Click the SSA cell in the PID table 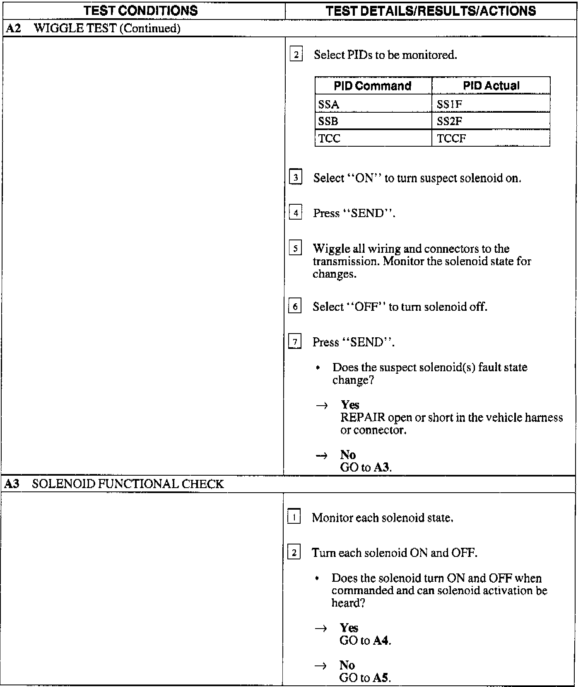point(329,104)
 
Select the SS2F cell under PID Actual point(449,121)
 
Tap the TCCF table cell point(451,138)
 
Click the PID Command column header point(373,86)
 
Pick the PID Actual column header point(491,86)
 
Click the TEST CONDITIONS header point(141,10)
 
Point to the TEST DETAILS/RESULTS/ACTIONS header point(431,10)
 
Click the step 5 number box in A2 point(295,248)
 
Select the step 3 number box point(296,178)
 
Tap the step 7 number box point(295,342)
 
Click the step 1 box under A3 point(294,518)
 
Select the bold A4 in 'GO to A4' point(381,641)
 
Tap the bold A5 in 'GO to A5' point(381,678)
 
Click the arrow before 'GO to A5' point(321,665)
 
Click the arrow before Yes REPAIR point(322,405)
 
